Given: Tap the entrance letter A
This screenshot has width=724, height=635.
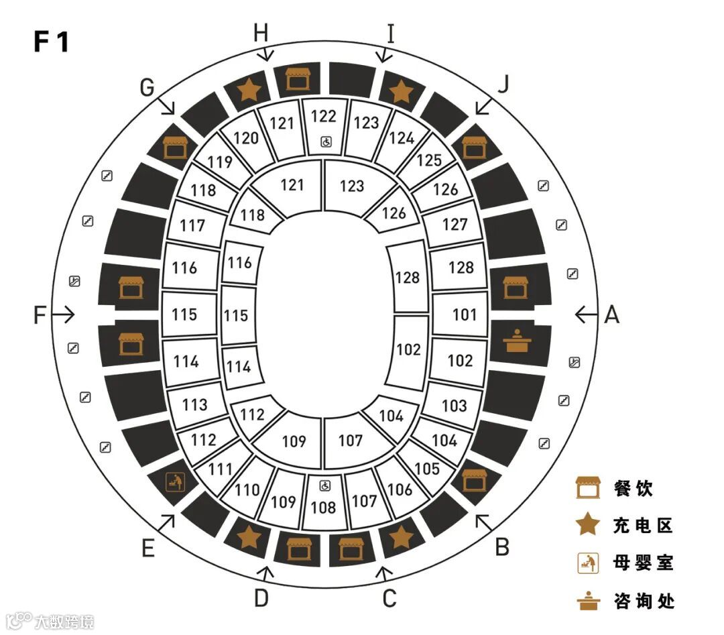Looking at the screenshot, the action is pos(611,314).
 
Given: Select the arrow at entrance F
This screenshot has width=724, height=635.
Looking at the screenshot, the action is pos(64,314).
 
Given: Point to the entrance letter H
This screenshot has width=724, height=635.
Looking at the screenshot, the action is pos(261,32).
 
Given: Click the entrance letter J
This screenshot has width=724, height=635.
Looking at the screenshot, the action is pos(504,83).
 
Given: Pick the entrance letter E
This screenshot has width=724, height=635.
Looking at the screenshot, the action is pos(148,549).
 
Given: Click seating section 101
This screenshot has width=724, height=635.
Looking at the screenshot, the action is pos(464,314).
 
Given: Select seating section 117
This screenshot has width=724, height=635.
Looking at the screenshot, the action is pos(192,225).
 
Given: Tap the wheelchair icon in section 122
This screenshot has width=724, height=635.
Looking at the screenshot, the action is pos(326,141).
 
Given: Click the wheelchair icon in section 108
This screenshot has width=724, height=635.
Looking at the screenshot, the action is pos(325,485).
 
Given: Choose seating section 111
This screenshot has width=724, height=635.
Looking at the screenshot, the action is pos(220,469).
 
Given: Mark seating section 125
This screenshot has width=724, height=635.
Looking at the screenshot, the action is pos(429,160).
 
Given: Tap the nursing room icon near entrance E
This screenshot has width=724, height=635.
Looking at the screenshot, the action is pos(174,481).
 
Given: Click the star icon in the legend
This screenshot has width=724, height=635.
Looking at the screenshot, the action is pos(588,525).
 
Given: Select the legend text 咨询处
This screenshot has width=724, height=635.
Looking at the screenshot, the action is pos(642,600).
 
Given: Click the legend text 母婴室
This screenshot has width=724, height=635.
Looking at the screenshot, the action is pos(642,562).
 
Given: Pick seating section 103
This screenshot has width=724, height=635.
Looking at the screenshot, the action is pos(454,405).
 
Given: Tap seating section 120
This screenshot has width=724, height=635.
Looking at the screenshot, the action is pos(246,138).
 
